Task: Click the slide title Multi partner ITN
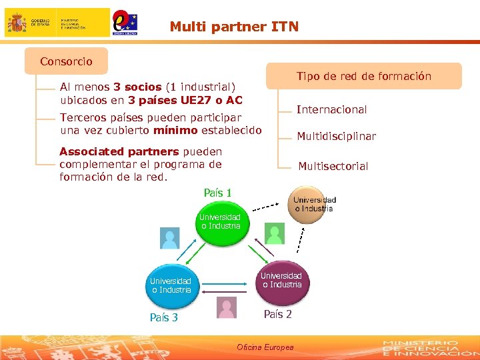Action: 234,27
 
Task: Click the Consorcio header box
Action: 66,61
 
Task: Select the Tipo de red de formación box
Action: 363,76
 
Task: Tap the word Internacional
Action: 331,109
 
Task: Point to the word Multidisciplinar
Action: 336,136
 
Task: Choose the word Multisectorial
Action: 333,166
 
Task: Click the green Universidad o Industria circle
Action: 221,222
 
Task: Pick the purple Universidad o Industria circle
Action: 281,280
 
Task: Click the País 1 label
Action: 217,193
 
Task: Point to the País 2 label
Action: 277,314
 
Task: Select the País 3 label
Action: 163,317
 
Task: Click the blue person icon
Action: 170,238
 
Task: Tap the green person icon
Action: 274,233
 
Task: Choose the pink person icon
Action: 227,307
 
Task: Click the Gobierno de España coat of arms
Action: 17,23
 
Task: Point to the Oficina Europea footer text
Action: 265,347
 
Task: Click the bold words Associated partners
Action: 119,151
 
